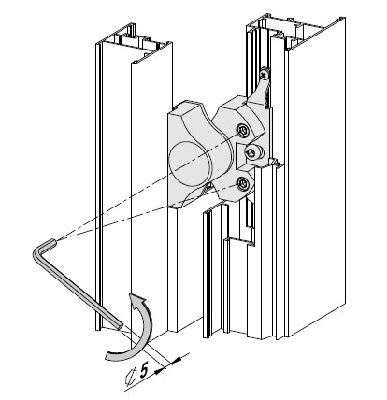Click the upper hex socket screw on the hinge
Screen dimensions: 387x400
click(242, 131)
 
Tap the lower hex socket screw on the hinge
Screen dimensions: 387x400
click(242, 183)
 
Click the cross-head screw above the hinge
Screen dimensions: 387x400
click(265, 74)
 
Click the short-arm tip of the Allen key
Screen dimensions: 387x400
click(53, 241)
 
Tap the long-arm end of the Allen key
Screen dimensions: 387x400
click(120, 326)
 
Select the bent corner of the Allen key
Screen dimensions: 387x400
click(37, 252)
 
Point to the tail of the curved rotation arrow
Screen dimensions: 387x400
click(109, 356)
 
